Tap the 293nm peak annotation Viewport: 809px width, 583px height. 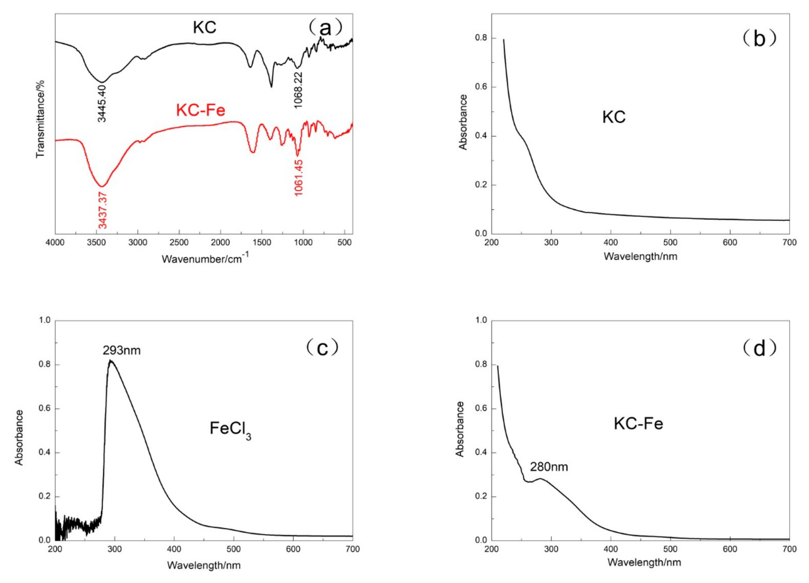coord(122,350)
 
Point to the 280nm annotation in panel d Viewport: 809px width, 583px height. coord(549,467)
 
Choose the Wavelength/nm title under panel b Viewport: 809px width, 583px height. coord(640,256)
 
